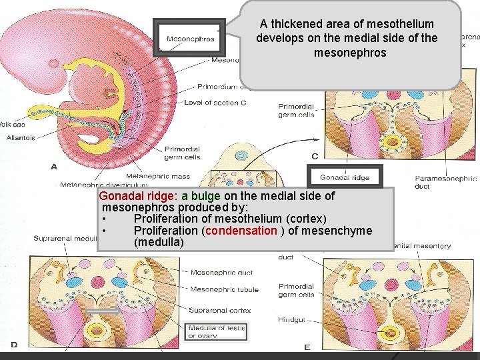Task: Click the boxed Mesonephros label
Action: (190, 39)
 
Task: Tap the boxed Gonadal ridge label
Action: (344, 177)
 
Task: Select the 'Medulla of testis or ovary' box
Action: (217, 331)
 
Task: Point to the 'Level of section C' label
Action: (215, 103)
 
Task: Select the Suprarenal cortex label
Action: (220, 310)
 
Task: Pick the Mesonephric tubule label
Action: (224, 289)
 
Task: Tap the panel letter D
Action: (13, 345)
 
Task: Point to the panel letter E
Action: (307, 347)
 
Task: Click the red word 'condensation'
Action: (241, 231)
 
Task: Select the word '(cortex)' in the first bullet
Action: (303, 219)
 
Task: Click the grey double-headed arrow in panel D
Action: (103, 311)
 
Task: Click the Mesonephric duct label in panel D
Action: (221, 272)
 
